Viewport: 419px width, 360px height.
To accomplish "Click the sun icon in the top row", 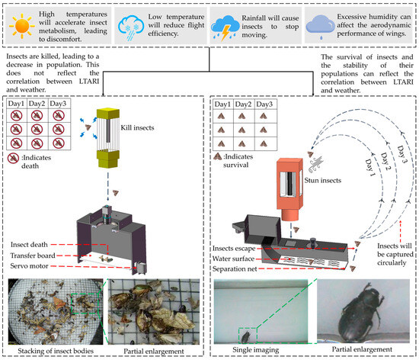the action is coord(22,26).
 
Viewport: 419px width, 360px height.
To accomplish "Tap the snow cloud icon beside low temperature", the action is coord(131,27).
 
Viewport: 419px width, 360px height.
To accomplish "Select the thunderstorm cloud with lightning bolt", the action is coord(225,27).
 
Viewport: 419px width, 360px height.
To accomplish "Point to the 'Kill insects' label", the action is coord(137,127).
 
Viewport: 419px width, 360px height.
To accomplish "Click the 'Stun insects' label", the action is coord(323,180).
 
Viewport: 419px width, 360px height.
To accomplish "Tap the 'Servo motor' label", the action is coord(30,266).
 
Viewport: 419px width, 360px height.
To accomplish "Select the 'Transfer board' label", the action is coord(33,256).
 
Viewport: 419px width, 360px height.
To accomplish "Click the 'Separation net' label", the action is coord(235,268).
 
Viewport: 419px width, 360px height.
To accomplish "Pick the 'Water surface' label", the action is coord(233,259).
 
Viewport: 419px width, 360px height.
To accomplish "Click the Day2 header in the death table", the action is coord(37,104).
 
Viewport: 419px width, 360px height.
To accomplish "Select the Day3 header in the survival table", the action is coord(264,104).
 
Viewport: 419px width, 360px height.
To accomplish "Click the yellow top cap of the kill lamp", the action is coord(108,113).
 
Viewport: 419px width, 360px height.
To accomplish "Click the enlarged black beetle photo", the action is coord(363,311).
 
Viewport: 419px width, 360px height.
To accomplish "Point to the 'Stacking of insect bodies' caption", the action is coord(56,351).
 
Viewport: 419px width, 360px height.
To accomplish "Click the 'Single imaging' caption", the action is coord(256,349).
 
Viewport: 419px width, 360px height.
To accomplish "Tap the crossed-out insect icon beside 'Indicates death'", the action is coord(13,159).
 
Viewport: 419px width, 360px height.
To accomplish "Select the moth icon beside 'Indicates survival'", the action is coord(218,156).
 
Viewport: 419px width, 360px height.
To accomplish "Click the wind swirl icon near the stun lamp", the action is coord(316,164).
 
